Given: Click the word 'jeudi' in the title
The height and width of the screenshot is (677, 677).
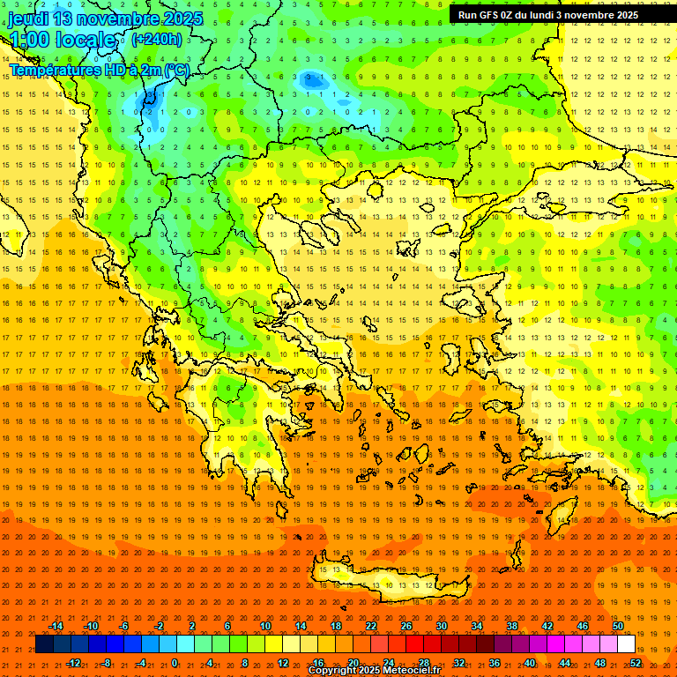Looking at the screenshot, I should [x=29, y=19].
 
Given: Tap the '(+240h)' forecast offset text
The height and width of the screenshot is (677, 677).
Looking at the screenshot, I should [x=157, y=39].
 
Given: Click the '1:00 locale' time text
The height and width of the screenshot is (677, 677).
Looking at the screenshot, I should [x=64, y=40].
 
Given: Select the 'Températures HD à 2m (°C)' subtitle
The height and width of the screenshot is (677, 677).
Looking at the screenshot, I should [x=99, y=70].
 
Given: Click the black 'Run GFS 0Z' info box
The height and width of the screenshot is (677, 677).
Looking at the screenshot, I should [x=548, y=15].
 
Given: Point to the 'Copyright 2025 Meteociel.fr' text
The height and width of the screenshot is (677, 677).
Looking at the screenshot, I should [x=374, y=671].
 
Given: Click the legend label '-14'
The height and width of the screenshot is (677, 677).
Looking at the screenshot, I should [x=56, y=626].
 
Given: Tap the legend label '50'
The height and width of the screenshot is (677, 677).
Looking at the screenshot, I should [x=618, y=626].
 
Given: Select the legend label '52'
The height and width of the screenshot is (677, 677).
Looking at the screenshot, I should [x=636, y=663].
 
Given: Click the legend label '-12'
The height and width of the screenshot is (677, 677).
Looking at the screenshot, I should [x=74, y=663].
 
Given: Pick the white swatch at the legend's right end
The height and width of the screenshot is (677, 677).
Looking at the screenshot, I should [x=626, y=644].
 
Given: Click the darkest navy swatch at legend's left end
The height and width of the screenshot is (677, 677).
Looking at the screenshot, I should [x=44, y=644].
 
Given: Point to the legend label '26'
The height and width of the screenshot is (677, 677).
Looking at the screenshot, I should [x=406, y=626].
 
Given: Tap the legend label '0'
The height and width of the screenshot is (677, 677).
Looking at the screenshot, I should [x=175, y=663].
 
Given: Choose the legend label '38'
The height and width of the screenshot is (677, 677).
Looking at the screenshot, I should [x=512, y=626].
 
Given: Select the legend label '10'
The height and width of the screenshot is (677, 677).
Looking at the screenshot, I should [x=265, y=626].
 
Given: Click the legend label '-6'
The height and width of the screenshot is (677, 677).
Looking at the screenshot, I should [x=124, y=626].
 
